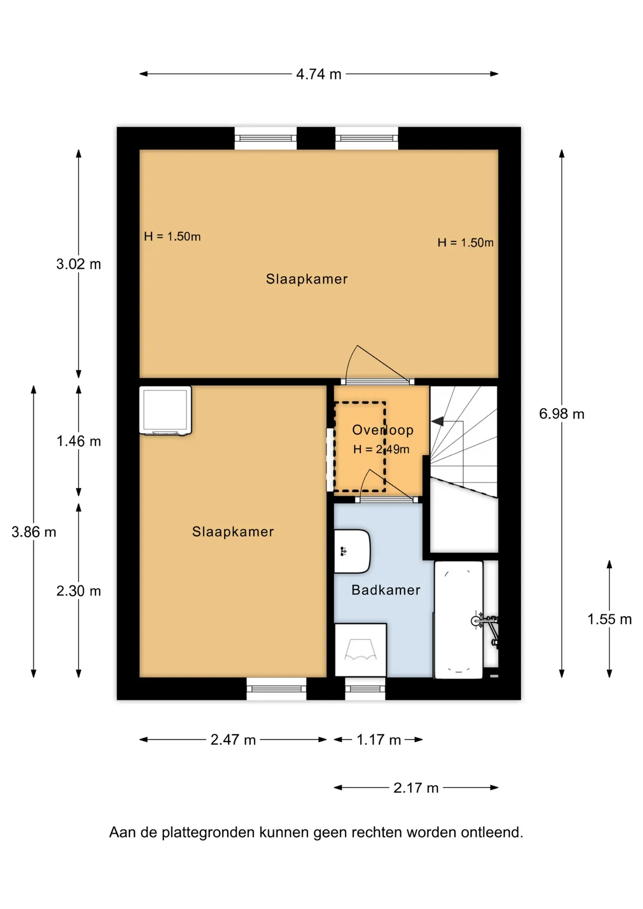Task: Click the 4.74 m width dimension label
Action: pos(319,74)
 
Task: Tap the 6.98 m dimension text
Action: pos(562,414)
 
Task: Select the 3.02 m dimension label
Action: pos(79,264)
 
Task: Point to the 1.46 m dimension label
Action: pos(79,441)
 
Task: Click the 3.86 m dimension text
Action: pos(34,532)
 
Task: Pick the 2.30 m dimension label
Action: pos(79,591)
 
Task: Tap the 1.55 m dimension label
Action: pos(609,619)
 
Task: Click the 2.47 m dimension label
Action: pos(233,740)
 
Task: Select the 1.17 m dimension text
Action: pos(378,740)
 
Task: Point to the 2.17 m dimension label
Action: pos(416,788)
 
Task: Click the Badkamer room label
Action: pos(386,590)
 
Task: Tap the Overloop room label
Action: pos(383,430)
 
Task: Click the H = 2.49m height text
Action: pos(381,449)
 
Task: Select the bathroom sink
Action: pos(352,551)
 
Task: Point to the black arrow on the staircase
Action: pos(438,421)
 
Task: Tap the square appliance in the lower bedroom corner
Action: pos(165,410)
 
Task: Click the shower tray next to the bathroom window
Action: pos(361,650)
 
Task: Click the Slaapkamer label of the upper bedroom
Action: pos(307,279)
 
